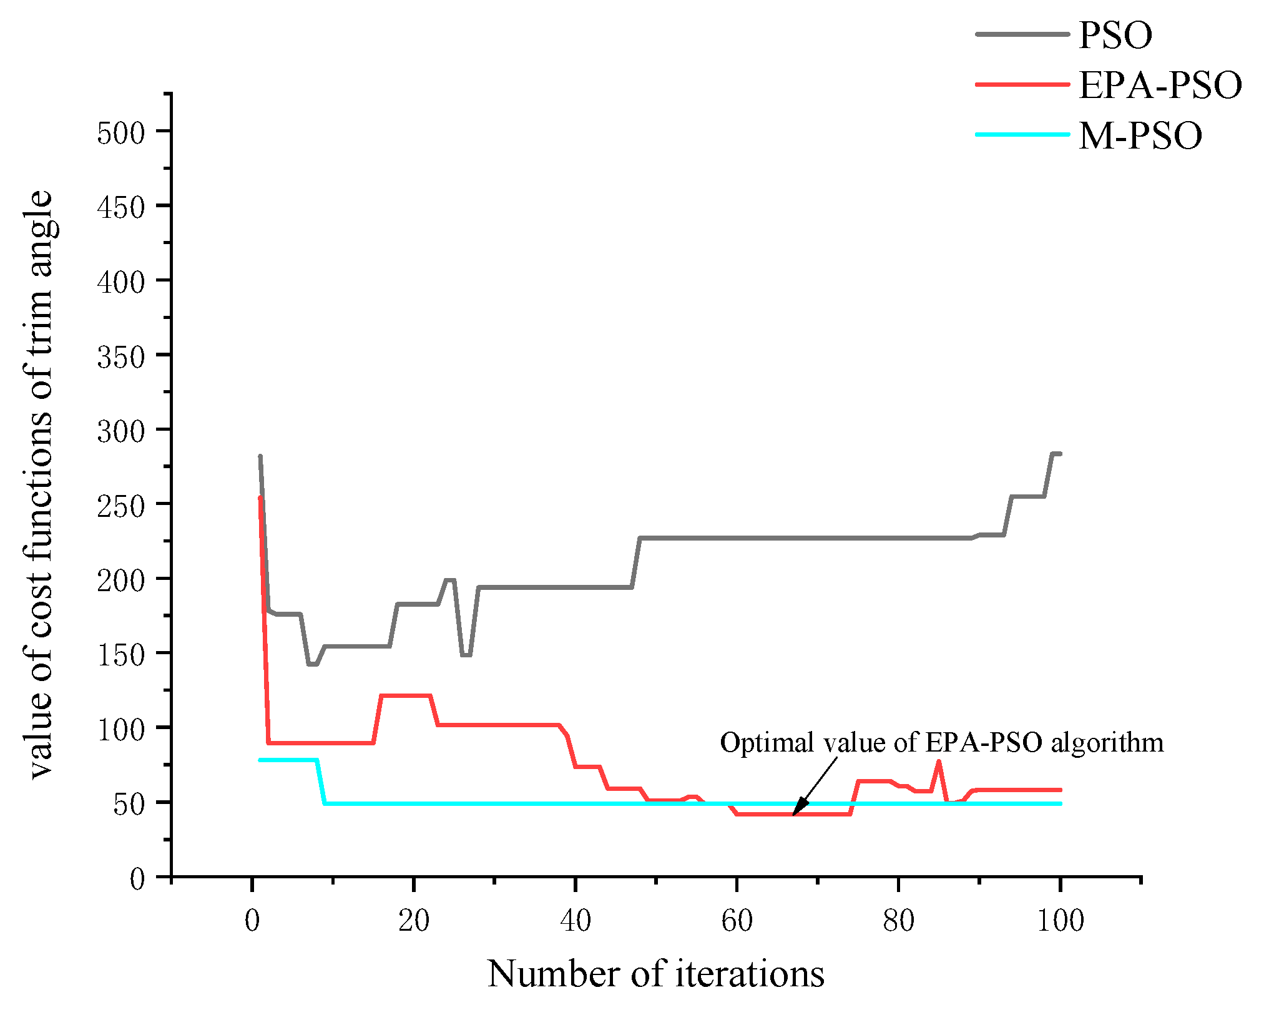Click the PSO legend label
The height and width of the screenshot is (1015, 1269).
coord(1115,35)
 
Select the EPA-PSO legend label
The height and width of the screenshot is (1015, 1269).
coord(1160,86)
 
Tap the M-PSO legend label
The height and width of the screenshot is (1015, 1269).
coord(1140,135)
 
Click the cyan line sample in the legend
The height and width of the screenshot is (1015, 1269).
coord(1022,134)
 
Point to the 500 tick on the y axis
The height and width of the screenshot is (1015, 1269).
coord(120,133)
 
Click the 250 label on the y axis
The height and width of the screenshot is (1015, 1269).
coord(120,506)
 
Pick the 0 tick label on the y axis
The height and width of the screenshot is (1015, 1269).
coord(137,879)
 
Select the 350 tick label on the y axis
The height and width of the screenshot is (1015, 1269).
coord(120,357)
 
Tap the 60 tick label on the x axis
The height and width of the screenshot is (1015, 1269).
coord(737,921)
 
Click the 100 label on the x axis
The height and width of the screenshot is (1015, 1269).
coord(1060,921)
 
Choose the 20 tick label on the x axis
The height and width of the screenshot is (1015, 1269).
coord(414,921)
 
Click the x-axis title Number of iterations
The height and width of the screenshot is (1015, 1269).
coord(655,974)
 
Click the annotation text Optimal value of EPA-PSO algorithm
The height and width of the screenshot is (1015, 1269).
coord(941,743)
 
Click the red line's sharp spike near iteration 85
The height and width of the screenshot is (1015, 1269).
coord(939,762)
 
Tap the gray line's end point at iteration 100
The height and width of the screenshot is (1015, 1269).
coord(1059,454)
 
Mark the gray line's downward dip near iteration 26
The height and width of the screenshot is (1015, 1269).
coord(466,655)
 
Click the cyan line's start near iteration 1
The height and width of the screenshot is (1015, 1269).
coord(261,760)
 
